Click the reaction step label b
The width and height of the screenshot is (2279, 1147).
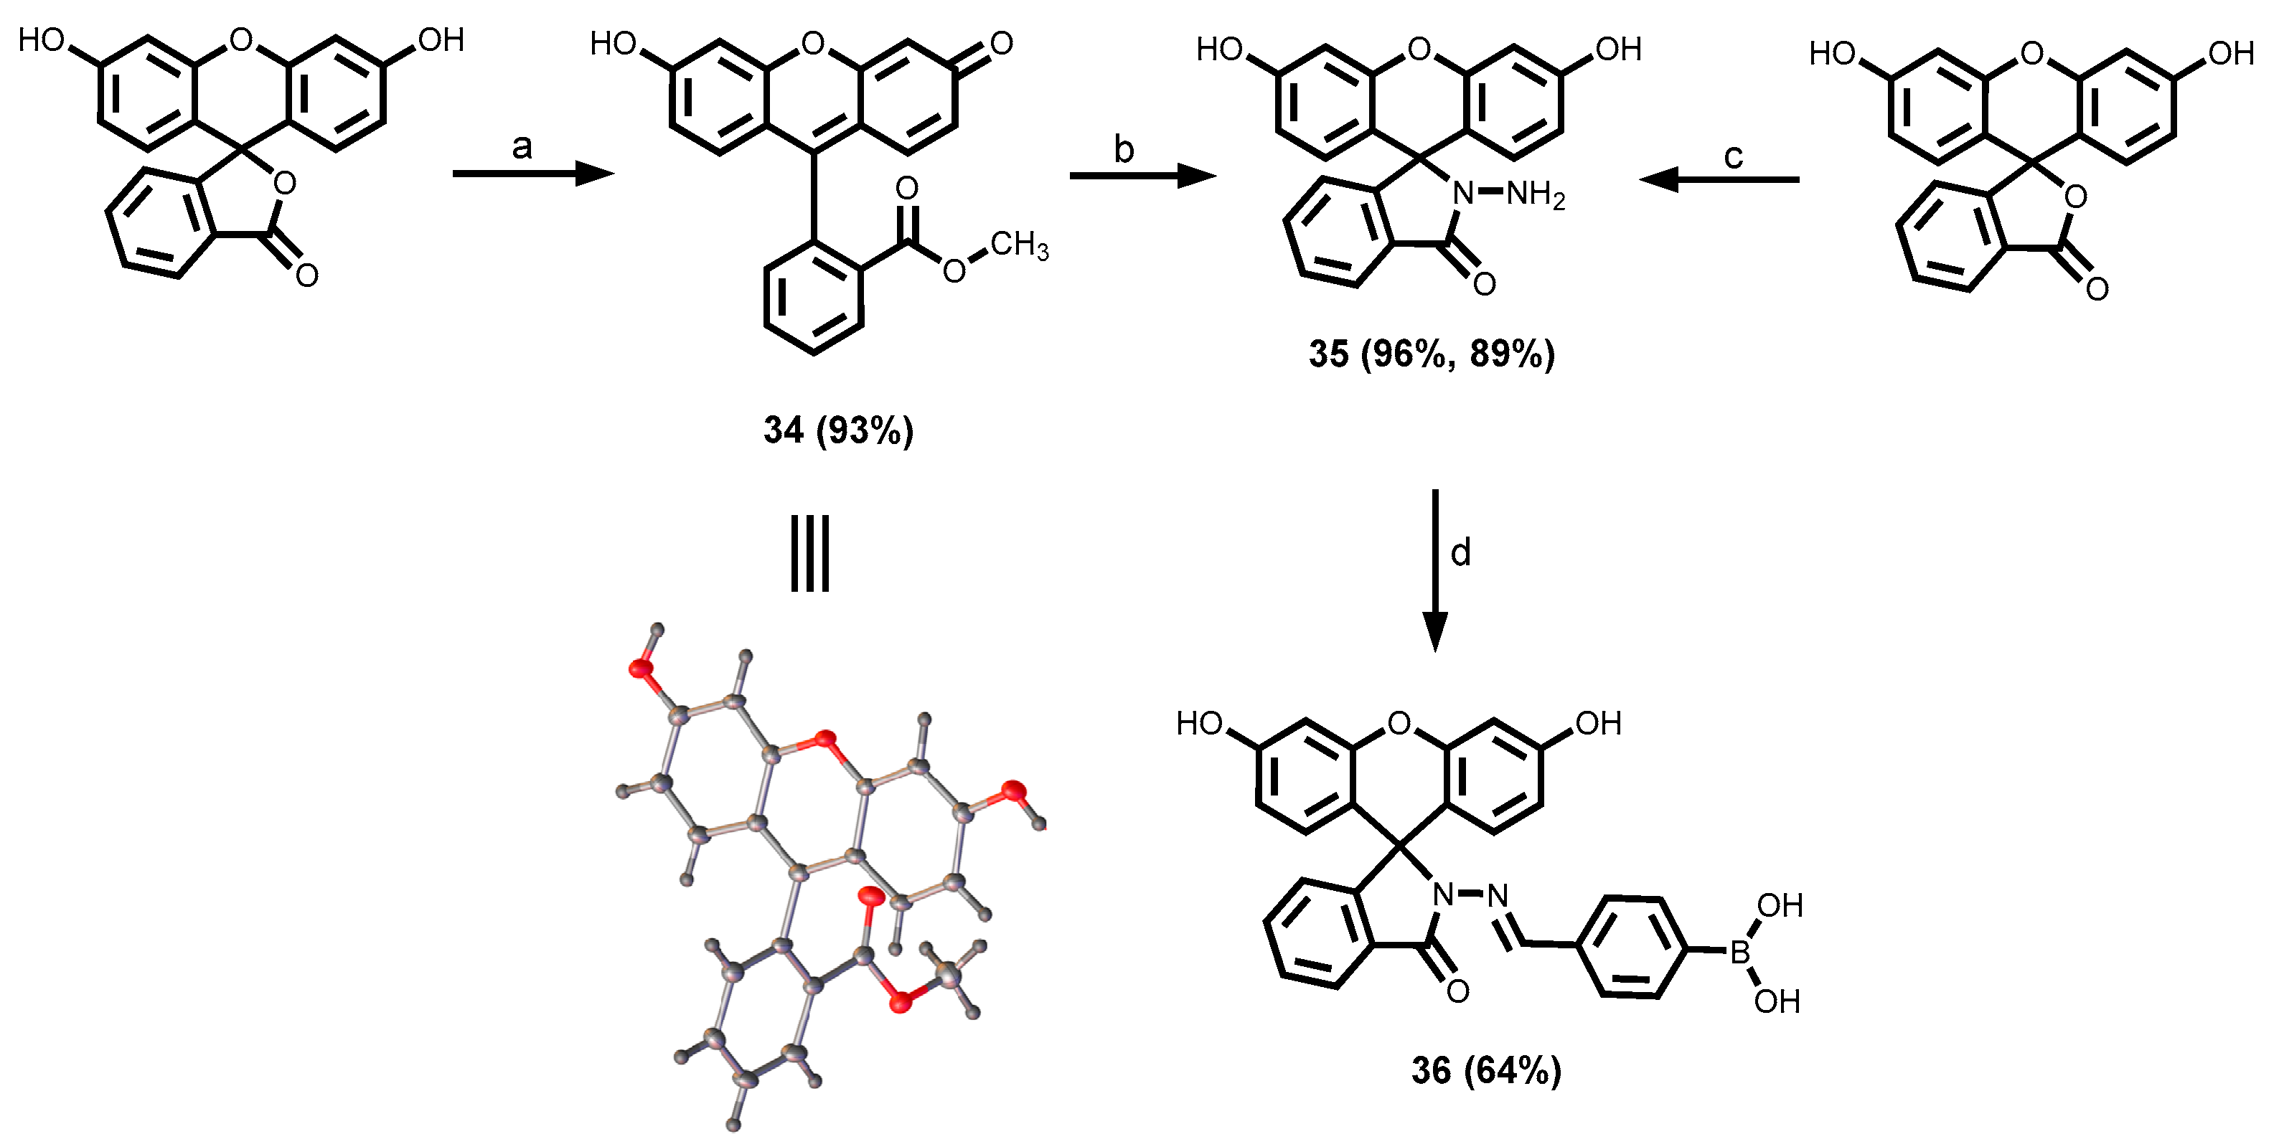coord(1124,151)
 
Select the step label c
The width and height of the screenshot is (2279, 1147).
coord(1733,156)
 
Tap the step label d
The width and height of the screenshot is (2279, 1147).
coord(1461,553)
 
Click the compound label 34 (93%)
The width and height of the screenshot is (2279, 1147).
coord(838,430)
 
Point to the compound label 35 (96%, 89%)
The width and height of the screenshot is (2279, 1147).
coord(1432,354)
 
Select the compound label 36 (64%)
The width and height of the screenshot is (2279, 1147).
coord(1486,1070)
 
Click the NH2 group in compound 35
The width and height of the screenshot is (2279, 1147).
coord(1535,194)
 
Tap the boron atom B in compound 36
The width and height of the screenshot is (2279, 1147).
coord(1739,953)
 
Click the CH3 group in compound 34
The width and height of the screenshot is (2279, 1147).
coord(1018,245)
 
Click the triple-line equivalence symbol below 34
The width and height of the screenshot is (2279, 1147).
coord(809,554)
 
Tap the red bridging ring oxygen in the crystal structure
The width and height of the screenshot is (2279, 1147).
coord(825,738)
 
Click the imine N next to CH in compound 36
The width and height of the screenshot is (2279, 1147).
coord(1496,897)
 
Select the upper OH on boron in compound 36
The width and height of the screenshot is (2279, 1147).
coord(1779,905)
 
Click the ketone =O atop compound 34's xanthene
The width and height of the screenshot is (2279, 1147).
coord(1000,43)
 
